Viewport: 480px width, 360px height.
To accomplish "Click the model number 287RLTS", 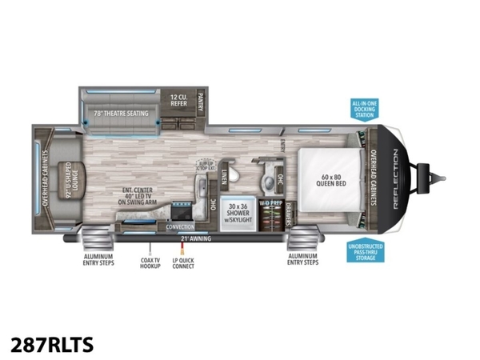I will (52, 344).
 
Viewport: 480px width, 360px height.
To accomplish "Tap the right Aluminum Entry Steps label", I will (303, 258).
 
